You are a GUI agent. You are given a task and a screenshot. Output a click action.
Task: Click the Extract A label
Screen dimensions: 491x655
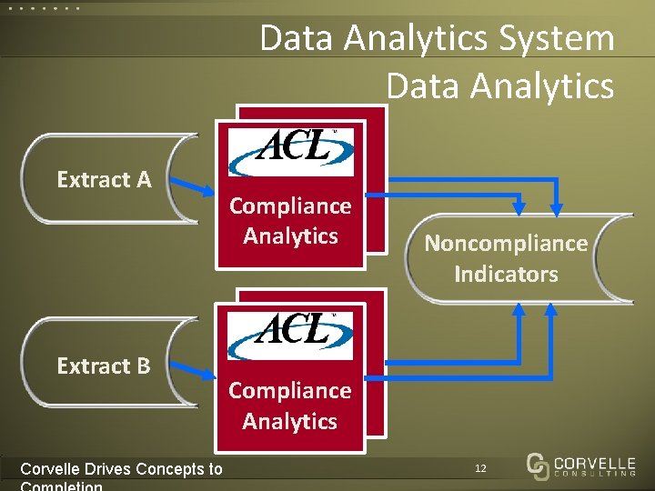click(x=104, y=180)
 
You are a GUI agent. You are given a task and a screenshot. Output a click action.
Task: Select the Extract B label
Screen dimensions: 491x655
click(x=104, y=366)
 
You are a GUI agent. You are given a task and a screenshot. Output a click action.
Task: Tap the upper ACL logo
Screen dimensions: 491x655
click(x=290, y=151)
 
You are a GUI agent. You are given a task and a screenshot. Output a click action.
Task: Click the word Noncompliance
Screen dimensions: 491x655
click(x=506, y=244)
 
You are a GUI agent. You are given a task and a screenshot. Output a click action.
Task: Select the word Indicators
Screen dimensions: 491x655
click(x=506, y=274)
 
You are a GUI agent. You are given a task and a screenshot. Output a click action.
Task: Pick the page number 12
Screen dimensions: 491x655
click(x=480, y=468)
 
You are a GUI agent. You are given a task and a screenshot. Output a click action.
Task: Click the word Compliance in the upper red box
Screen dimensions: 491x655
click(x=290, y=206)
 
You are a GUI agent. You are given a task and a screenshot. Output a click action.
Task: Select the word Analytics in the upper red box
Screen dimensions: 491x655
click(x=290, y=236)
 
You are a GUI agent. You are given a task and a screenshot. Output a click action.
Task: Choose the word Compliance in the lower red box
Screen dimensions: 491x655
click(x=290, y=390)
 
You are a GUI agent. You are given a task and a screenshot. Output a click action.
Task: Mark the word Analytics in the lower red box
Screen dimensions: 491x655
click(x=290, y=421)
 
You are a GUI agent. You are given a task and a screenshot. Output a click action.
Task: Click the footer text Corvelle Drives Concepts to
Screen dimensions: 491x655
click(x=121, y=469)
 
